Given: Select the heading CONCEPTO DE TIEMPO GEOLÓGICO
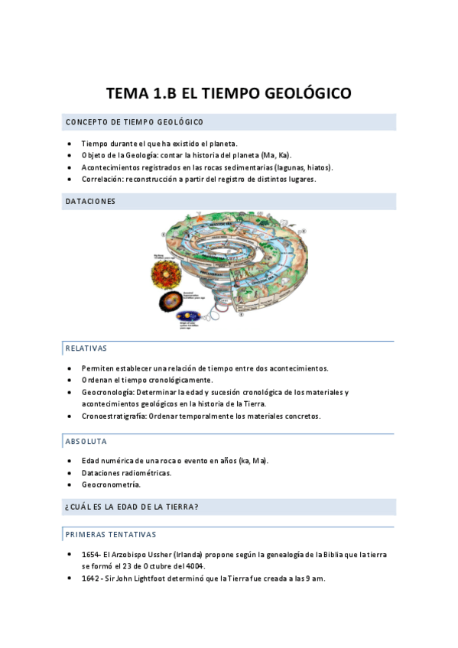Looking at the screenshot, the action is pyautogui.click(x=134, y=122).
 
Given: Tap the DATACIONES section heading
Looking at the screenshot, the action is pyautogui.click(x=90, y=202).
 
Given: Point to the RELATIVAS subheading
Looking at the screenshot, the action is pyautogui.click(x=86, y=348).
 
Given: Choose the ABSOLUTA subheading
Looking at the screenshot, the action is pyautogui.click(x=86, y=442).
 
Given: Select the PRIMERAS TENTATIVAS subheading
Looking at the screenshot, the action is pyautogui.click(x=110, y=534).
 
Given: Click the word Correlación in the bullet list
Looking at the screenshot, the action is pyautogui.click(x=103, y=180).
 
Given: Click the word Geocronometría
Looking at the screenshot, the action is pyautogui.click(x=111, y=484).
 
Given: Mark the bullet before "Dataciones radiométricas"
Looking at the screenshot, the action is pyautogui.click(x=70, y=473).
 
